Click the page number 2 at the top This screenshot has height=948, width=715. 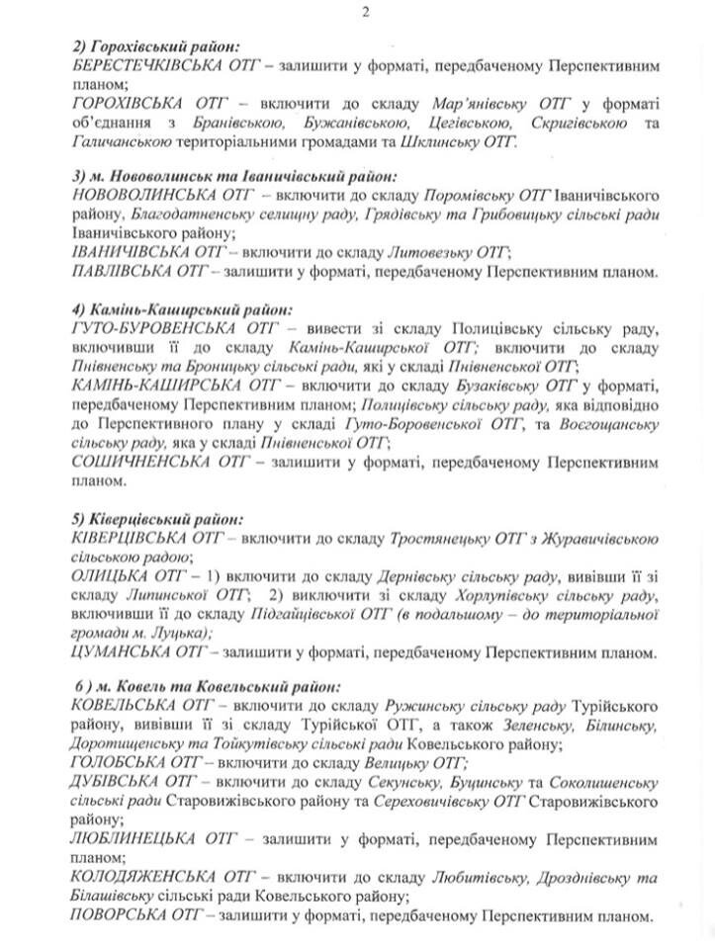click(365, 12)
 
